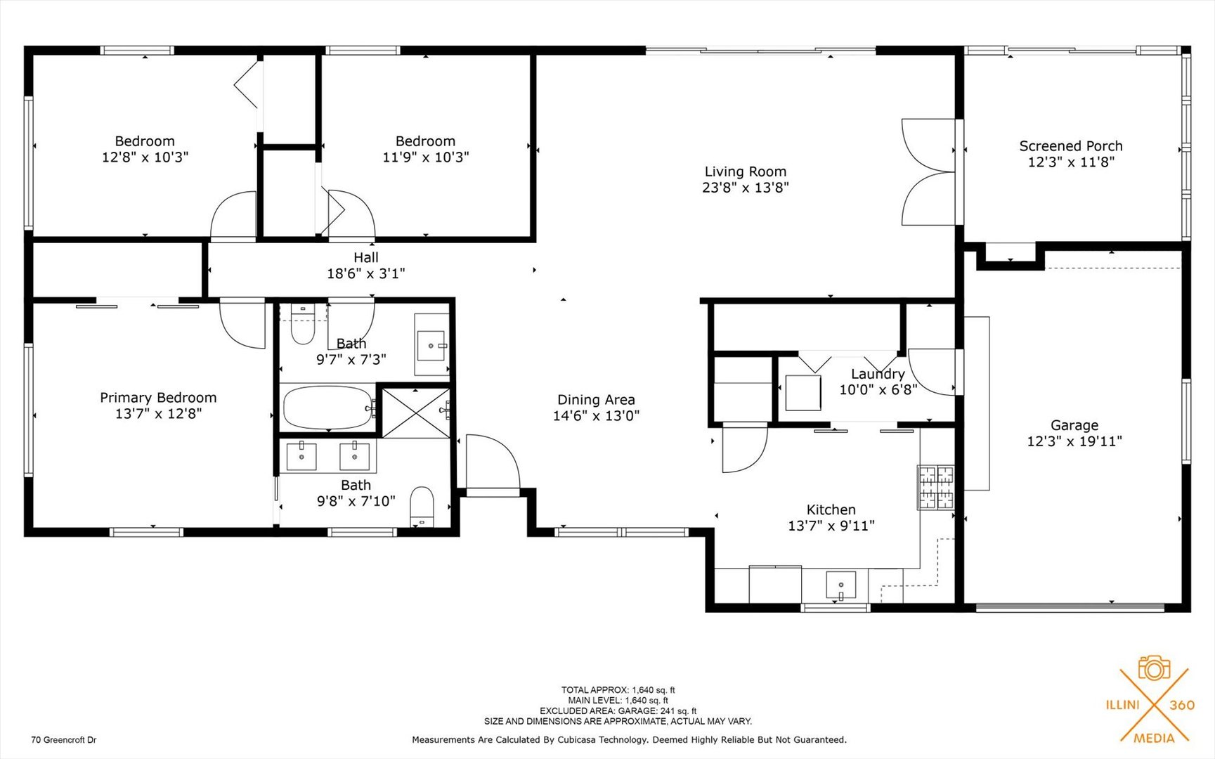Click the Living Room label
[745, 171]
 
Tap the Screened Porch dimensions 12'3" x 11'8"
[1070, 162]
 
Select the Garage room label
[1074, 425]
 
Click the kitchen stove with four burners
[936, 487]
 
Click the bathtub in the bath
[327, 408]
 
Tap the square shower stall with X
[416, 413]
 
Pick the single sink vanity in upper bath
[431, 345]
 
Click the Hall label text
[365, 258]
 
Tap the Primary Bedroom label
[158, 398]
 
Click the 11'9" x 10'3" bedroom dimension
[425, 157]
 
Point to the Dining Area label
[596, 400]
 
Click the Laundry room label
[878, 374]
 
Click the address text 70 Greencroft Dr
[64, 740]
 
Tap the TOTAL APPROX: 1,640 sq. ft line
[618, 690]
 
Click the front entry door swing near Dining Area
[491, 464]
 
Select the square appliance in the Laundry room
[803, 393]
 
